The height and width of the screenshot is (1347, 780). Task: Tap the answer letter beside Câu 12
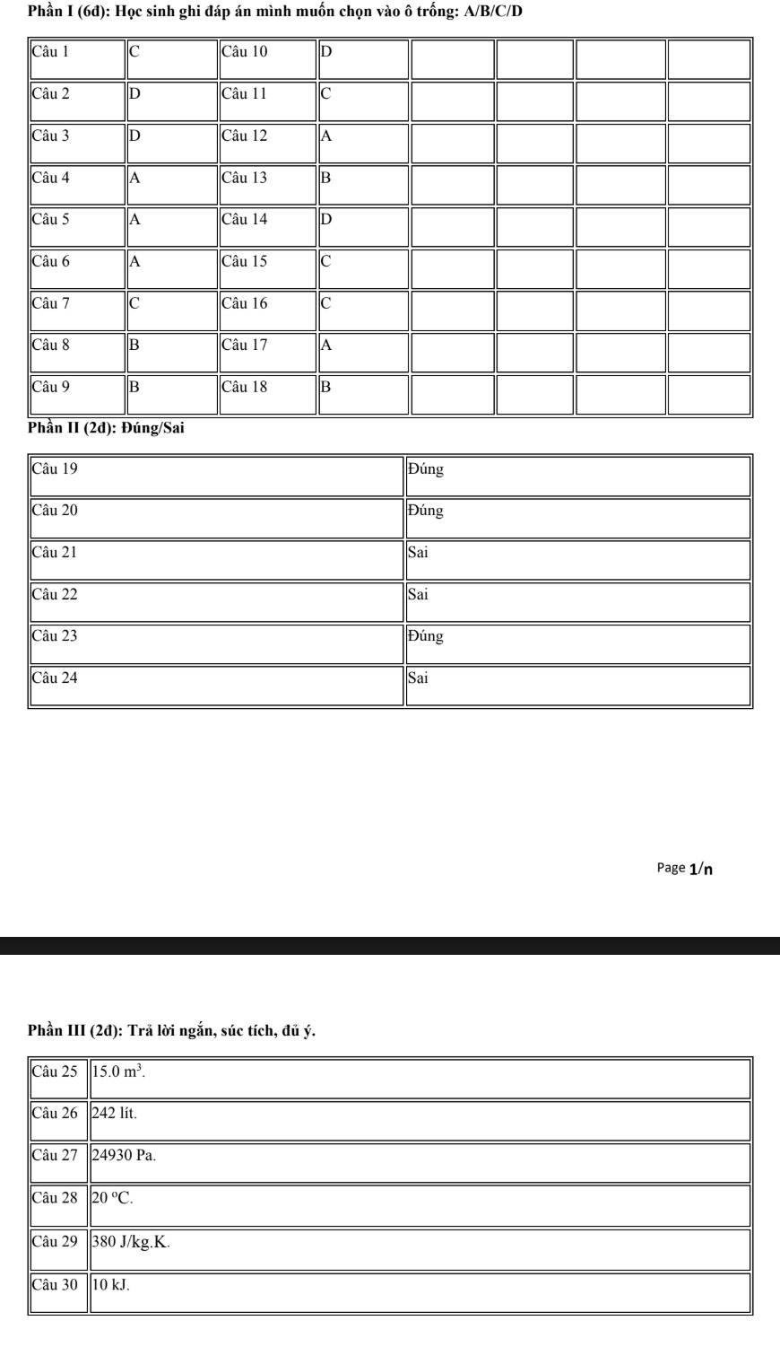point(326,136)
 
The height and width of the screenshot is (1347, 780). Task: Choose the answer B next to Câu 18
point(326,388)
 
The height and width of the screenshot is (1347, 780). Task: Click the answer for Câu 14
point(326,220)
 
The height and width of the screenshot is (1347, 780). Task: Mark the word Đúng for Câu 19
point(426,469)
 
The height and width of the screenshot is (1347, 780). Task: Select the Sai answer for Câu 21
point(419,553)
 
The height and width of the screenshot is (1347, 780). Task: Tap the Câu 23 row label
point(55,636)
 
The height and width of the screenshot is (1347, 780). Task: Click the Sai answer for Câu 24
point(419,678)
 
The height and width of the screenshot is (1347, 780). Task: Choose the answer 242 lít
point(115,1114)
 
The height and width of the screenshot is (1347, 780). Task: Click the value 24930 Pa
point(125,1156)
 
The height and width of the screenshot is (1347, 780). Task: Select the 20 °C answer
point(113,1198)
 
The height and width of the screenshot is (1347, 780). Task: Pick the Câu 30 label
point(55,1285)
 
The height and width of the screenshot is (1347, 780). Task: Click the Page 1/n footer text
point(686,868)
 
